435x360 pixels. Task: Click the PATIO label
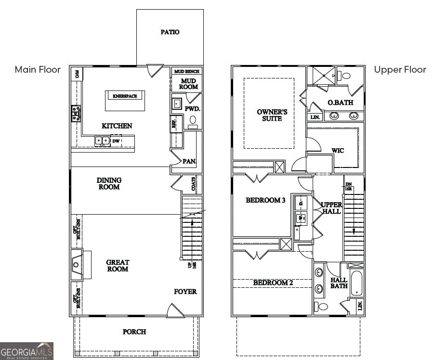170,32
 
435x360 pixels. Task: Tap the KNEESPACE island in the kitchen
125,100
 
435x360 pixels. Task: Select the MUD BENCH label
187,71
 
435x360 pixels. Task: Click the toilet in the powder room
193,121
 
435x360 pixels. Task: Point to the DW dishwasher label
116,141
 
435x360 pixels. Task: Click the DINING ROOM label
109,183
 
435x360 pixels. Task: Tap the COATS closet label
194,185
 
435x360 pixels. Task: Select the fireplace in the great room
78,264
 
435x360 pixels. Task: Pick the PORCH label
134,332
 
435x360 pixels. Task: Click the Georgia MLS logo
26,351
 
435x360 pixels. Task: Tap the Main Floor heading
38,70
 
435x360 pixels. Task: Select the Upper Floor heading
400,70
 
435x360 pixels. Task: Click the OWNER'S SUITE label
272,115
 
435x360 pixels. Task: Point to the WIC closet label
338,151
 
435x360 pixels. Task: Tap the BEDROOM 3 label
265,200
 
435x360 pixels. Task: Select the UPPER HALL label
331,208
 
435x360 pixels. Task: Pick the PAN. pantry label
189,161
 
